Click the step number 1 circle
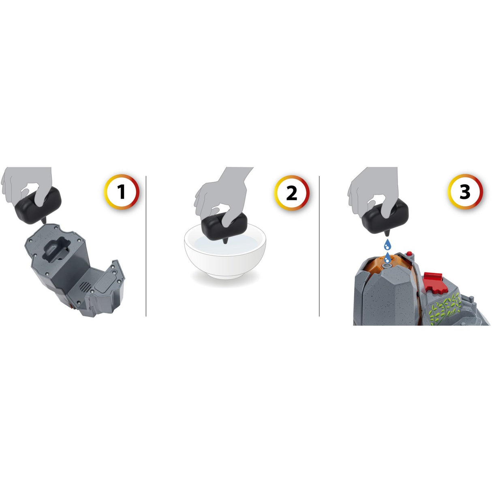122,192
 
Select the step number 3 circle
465,192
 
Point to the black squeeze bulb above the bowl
224,225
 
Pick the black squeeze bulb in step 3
385,215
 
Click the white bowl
225,255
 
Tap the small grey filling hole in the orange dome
388,265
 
